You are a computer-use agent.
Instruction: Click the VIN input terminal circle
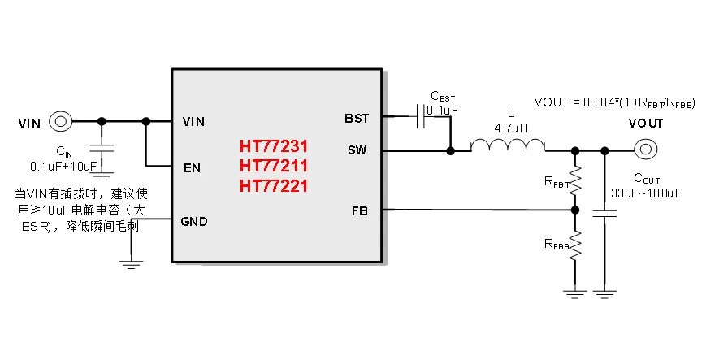pyautogui.click(x=61, y=122)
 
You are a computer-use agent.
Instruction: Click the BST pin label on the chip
pyautogui.click(x=357, y=118)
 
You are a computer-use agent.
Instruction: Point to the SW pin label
pyautogui.click(x=357, y=150)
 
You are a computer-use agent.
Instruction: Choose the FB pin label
pyautogui.click(x=359, y=210)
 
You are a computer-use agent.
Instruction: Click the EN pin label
pyautogui.click(x=193, y=169)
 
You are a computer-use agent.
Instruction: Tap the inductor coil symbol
pyautogui.click(x=509, y=145)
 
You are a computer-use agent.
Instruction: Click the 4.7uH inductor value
pyautogui.click(x=510, y=128)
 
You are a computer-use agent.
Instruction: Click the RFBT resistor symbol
pyautogui.click(x=575, y=180)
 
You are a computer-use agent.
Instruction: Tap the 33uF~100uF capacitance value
pyautogui.click(x=645, y=193)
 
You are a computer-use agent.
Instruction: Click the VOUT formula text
pyautogui.click(x=613, y=102)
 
